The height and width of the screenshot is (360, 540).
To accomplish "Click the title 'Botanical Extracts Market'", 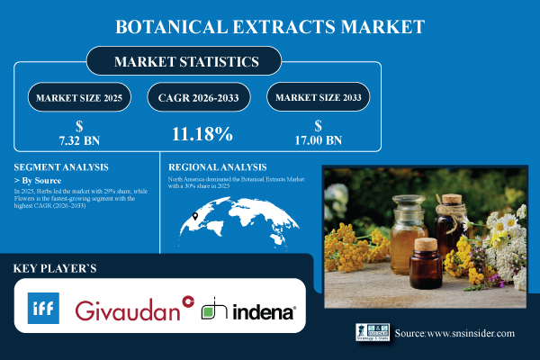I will (x=270, y=27).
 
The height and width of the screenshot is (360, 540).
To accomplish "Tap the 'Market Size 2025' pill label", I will (x=78, y=96).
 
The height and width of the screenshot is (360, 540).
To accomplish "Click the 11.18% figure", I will (x=202, y=135).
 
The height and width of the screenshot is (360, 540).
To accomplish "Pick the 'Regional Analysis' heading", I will (x=218, y=166).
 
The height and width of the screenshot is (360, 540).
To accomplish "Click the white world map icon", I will (x=230, y=219).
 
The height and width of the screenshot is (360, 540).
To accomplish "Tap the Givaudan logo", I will (x=135, y=310).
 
